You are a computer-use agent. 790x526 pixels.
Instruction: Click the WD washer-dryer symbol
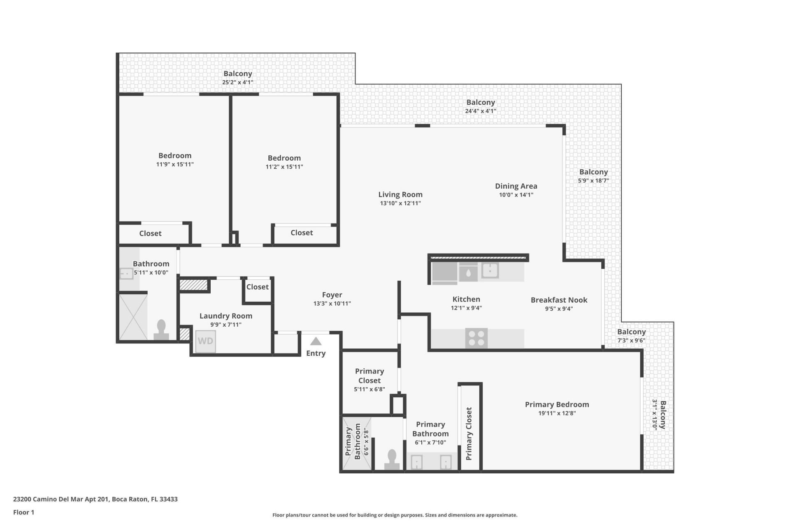(x=205, y=341)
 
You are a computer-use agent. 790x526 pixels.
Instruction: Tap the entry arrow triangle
(x=316, y=341)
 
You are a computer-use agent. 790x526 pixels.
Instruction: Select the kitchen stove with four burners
(x=476, y=338)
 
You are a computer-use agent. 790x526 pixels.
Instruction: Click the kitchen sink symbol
(x=490, y=271)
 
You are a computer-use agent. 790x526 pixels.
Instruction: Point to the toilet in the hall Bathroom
(x=161, y=330)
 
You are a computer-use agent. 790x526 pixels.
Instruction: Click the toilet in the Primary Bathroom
(x=392, y=459)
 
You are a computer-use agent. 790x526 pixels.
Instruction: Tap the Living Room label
(x=400, y=194)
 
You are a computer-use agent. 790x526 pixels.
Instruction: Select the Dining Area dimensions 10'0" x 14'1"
(x=516, y=195)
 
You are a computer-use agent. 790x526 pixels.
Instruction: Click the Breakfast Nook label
(x=559, y=300)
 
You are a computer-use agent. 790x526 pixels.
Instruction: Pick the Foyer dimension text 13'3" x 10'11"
(x=332, y=304)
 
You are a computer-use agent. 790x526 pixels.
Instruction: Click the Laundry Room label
(x=225, y=316)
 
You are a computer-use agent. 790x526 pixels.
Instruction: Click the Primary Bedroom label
(x=557, y=404)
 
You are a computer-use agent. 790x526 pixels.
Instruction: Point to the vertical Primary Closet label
(x=469, y=434)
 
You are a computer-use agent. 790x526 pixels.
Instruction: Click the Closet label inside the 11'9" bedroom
(x=150, y=233)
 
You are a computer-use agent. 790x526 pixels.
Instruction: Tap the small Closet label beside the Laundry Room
(x=257, y=287)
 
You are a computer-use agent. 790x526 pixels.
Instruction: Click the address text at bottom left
(x=95, y=499)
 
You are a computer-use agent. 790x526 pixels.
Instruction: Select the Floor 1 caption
(x=24, y=512)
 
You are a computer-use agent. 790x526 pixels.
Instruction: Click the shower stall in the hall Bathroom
(x=133, y=317)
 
